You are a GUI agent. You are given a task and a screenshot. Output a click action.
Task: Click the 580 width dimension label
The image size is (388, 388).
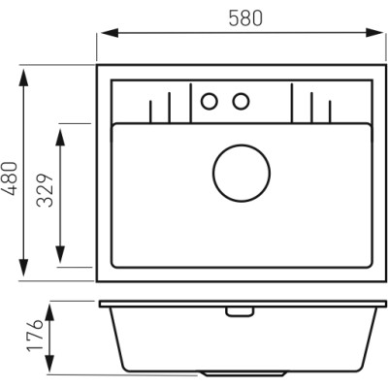tap(245, 18)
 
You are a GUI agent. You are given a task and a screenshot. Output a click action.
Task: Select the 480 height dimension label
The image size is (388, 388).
tap(10, 178)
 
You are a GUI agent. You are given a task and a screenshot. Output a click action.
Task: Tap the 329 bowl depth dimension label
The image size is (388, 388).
tap(45, 190)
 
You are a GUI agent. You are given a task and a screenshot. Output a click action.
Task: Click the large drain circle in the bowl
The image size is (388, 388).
tap(242, 173)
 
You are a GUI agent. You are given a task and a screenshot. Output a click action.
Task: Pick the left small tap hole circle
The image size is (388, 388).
tap(210, 101)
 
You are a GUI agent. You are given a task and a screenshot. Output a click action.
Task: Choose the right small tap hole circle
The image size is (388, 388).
tap(241, 101)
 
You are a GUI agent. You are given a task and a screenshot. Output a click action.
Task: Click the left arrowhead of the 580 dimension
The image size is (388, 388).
tap(110, 33)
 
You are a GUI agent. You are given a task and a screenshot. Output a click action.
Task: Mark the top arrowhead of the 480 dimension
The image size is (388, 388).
tap(23, 78)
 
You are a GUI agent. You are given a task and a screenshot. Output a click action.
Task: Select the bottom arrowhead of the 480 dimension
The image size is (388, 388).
tap(23, 268)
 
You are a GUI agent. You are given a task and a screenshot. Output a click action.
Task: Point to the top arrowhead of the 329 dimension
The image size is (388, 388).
tap(60, 138)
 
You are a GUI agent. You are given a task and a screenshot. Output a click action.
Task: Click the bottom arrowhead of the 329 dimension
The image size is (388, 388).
tap(60, 254)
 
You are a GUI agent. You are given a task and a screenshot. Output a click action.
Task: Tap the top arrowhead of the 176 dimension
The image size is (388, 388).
tap(49, 312)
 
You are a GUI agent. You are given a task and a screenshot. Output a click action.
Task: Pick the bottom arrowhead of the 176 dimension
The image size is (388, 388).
tap(49, 363)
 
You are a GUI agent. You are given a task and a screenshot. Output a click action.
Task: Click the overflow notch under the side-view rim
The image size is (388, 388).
tap(240, 311)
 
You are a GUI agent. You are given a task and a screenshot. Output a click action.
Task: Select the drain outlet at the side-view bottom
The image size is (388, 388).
tap(243, 373)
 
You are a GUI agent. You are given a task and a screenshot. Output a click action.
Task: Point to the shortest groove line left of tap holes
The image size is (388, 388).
tap(150, 112)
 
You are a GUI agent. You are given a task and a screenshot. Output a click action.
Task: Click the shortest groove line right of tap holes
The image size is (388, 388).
tap(330, 112)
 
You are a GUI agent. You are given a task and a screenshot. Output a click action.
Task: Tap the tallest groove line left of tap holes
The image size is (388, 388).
tap(191, 103)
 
